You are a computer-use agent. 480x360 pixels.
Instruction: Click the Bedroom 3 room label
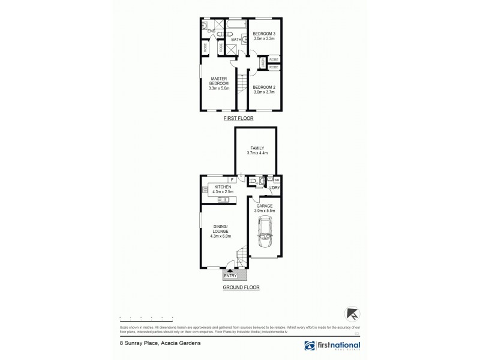(263, 35)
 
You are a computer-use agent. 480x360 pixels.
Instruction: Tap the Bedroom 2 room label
(263, 89)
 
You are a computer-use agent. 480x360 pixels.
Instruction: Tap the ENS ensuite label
(211, 31)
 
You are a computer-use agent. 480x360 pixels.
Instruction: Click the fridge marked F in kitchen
(232, 179)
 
